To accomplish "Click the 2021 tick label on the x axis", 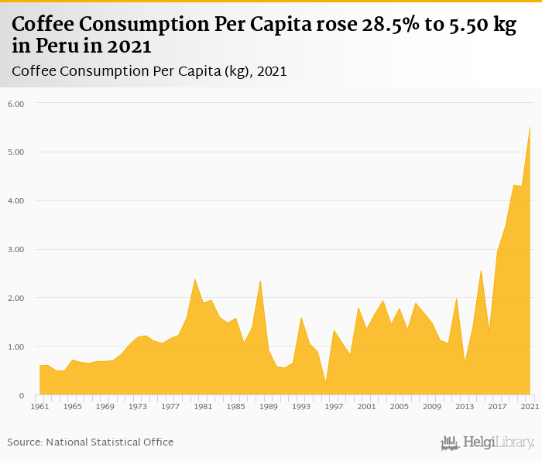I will click(530, 406).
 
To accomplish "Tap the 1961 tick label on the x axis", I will click(39, 406).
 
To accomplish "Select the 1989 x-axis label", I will click(269, 406).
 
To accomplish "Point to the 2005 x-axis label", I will click(400, 406).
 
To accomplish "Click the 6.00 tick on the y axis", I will click(16, 103).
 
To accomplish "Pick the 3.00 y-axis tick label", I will click(16, 249).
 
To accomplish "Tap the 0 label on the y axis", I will click(22, 395).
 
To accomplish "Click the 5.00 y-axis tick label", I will click(16, 152).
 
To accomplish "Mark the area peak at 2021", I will click(530, 128).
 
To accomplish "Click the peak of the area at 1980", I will click(194, 279).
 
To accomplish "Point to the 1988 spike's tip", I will click(260, 280).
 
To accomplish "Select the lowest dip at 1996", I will click(325, 382).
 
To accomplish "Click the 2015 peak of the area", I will click(481, 270).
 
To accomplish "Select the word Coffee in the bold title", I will click(44, 24).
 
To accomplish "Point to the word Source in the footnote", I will click(26, 442).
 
